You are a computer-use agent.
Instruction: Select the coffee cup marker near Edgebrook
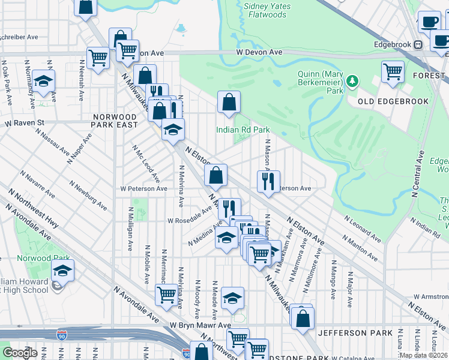pos(429,22)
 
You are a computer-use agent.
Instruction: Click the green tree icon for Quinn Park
pos(353,80)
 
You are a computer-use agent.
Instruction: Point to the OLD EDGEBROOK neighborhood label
pos(402,101)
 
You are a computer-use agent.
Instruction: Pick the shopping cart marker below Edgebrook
pos(393,71)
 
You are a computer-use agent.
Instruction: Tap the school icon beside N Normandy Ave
pos(43,81)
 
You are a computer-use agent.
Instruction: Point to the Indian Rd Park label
pos(243,130)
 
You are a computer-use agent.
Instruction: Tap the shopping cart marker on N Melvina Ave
pos(166,295)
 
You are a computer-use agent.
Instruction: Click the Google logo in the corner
pos(20,353)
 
